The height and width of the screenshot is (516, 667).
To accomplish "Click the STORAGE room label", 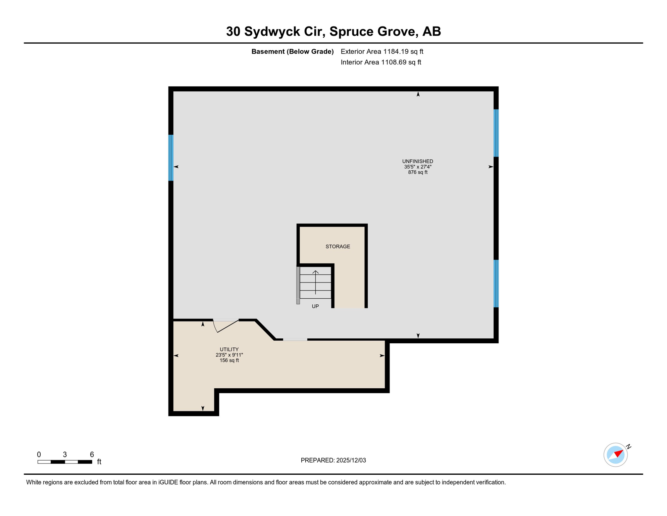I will pos(338,247).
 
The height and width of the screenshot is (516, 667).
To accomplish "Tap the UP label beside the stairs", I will pos(315,306).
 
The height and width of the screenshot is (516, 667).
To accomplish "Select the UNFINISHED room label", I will pos(417,161).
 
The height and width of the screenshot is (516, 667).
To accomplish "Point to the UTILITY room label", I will pos(229,349).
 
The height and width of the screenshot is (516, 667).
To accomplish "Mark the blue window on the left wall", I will pos(171,158).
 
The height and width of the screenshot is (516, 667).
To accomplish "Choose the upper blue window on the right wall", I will pos(496,133).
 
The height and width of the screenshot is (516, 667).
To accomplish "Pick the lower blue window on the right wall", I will pos(496,284).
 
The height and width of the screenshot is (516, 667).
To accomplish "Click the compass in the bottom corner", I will pos(616,455).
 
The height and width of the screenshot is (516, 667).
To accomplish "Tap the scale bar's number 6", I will pos(92,455).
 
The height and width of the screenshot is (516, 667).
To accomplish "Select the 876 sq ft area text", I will pos(417,172).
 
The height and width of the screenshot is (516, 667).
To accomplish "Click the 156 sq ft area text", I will pos(229,360).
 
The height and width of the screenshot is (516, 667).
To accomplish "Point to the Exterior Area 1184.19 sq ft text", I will pos(382,51).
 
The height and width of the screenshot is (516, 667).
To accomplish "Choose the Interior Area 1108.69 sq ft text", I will pos(381,62).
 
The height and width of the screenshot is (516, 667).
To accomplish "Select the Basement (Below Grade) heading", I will pos(292,51).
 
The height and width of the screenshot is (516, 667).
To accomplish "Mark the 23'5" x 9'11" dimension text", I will pos(229,355).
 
